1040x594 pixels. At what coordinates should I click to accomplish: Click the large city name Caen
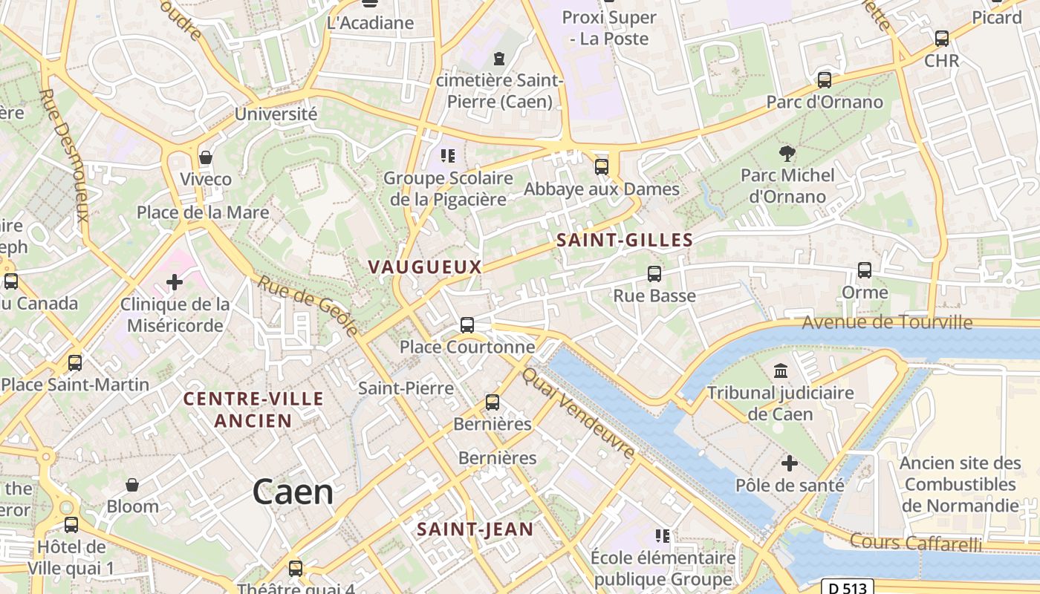(x=293, y=492)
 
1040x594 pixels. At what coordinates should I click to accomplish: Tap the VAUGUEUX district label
(x=425, y=267)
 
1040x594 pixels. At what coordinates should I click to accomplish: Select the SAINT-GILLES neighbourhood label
(x=624, y=241)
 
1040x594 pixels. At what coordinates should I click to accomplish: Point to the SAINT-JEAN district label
(x=475, y=529)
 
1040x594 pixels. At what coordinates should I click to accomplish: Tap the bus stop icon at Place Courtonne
(x=467, y=325)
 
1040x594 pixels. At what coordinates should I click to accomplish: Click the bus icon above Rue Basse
(x=654, y=274)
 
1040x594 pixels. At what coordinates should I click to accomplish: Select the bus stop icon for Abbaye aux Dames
(x=602, y=167)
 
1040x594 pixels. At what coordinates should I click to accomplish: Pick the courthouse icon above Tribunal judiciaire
(x=781, y=371)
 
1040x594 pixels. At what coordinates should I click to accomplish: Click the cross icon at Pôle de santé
(x=790, y=464)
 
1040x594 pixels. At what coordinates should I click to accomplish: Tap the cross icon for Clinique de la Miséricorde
(x=175, y=282)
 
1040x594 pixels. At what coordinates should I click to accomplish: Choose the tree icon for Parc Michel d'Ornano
(x=787, y=154)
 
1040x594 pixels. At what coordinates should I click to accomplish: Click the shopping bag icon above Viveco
(x=206, y=157)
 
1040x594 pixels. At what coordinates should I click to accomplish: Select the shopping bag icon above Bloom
(x=132, y=485)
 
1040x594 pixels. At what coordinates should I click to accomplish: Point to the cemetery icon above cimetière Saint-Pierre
(x=499, y=58)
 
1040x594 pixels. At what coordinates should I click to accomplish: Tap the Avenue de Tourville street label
(x=886, y=322)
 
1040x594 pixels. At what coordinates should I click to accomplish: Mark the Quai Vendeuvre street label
(x=578, y=413)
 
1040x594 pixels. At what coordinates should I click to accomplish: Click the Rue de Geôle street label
(x=309, y=304)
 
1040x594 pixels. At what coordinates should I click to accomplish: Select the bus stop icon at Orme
(x=865, y=270)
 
